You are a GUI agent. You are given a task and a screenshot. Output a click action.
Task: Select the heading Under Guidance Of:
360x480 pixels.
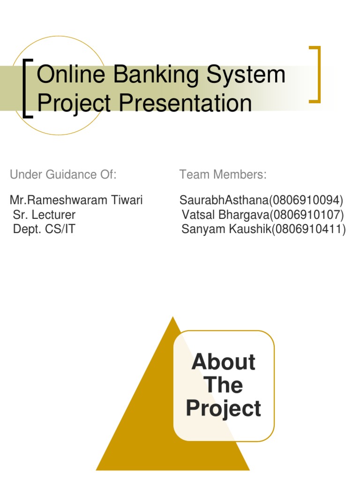click(63, 175)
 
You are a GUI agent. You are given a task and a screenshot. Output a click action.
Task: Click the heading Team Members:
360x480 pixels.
click(223, 175)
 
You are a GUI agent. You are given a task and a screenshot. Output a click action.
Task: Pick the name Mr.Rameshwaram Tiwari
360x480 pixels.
click(76, 201)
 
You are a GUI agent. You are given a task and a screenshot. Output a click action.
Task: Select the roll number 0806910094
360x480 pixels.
click(306, 201)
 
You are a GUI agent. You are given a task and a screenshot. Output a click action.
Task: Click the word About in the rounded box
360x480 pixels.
click(224, 362)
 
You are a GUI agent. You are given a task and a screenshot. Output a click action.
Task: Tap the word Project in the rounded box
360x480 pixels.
click(224, 408)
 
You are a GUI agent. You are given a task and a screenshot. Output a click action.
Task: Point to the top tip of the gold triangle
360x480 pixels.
click(173, 317)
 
